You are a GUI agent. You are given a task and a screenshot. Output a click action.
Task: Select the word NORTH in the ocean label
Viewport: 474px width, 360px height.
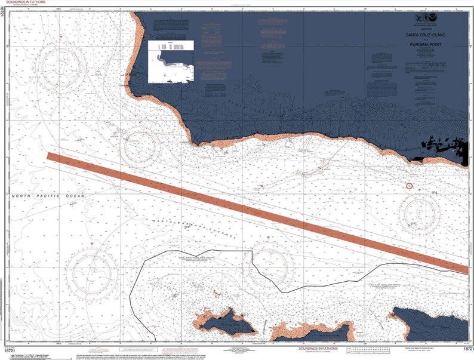tap(22, 196)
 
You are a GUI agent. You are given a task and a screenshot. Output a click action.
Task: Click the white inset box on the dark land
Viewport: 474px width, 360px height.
tap(171, 61)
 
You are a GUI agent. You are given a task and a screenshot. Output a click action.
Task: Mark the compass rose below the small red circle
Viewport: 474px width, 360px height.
tap(420, 213)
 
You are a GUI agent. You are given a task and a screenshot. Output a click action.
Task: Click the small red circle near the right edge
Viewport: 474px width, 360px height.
tap(409, 186)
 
